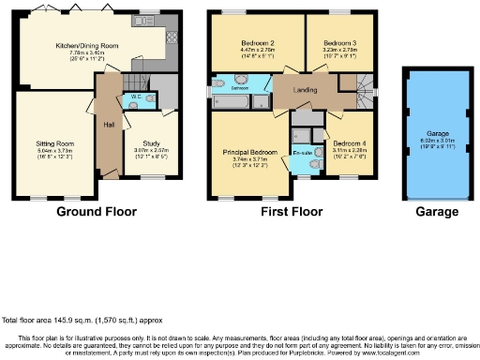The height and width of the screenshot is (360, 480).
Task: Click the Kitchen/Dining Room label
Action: tap(86, 45)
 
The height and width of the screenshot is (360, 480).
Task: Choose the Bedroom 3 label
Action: tap(338, 44)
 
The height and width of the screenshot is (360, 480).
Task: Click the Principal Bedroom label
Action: tap(249, 152)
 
